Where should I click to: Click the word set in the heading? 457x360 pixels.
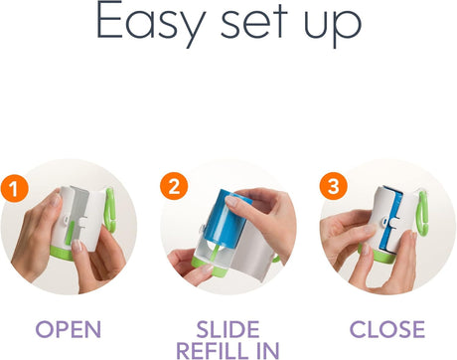[x=253, y=23]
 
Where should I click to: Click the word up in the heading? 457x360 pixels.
[x=333, y=27]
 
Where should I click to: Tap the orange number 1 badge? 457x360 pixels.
[x=14, y=189]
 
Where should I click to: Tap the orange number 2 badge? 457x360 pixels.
[x=174, y=186]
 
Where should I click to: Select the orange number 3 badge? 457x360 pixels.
[x=333, y=186]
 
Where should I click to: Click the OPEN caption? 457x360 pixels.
[x=68, y=329]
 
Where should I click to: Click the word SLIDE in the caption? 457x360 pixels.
[x=228, y=329]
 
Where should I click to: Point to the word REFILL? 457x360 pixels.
[x=212, y=350]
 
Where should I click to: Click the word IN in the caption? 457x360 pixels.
[x=268, y=350]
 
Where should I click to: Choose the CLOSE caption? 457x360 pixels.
[x=387, y=329]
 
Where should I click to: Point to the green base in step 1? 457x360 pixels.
[x=61, y=253]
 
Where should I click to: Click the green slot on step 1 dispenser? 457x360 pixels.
[x=70, y=234]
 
